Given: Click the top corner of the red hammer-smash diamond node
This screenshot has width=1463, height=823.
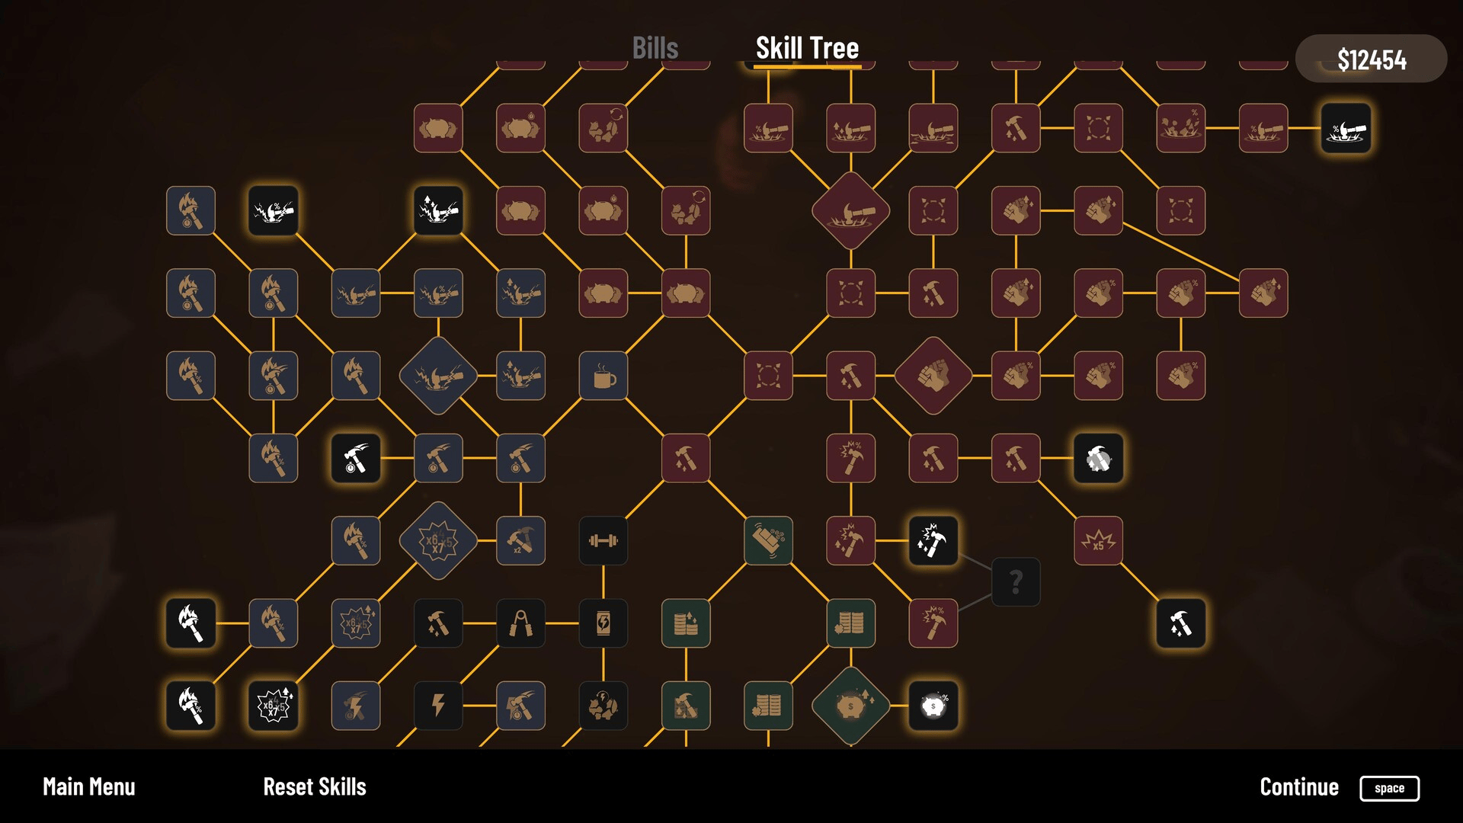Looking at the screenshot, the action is point(851,171).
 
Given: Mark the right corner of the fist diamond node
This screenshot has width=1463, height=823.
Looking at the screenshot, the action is point(973,376).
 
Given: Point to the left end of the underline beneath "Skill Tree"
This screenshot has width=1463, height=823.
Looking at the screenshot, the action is point(754,66).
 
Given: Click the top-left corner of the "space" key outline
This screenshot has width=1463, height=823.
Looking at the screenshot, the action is point(1361,777).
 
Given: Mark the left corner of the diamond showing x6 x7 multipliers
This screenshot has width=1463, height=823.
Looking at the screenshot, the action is point(399,541).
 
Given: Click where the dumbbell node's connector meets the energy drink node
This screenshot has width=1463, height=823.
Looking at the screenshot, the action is point(603,599).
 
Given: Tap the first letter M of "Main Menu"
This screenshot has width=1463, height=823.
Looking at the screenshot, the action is point(50,787).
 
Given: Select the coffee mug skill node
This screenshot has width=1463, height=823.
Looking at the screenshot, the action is point(603,376).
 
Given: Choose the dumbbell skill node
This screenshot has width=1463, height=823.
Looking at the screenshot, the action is point(603,541).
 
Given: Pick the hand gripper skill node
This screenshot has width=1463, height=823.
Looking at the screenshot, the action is point(521,623).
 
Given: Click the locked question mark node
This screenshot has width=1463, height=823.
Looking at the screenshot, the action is point(1016,582).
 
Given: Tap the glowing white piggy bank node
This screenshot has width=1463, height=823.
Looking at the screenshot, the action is point(933,706).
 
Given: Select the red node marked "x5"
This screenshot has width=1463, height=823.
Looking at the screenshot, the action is point(1098,541).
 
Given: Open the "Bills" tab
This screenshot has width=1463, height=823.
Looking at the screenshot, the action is point(655,48).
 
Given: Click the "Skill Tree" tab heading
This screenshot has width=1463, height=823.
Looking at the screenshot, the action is point(807,48).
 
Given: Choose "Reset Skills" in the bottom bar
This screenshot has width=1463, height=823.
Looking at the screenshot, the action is point(315,787).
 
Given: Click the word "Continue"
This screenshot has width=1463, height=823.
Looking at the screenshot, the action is point(1299,787).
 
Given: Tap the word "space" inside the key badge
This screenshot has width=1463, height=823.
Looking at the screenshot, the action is point(1389,789).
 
